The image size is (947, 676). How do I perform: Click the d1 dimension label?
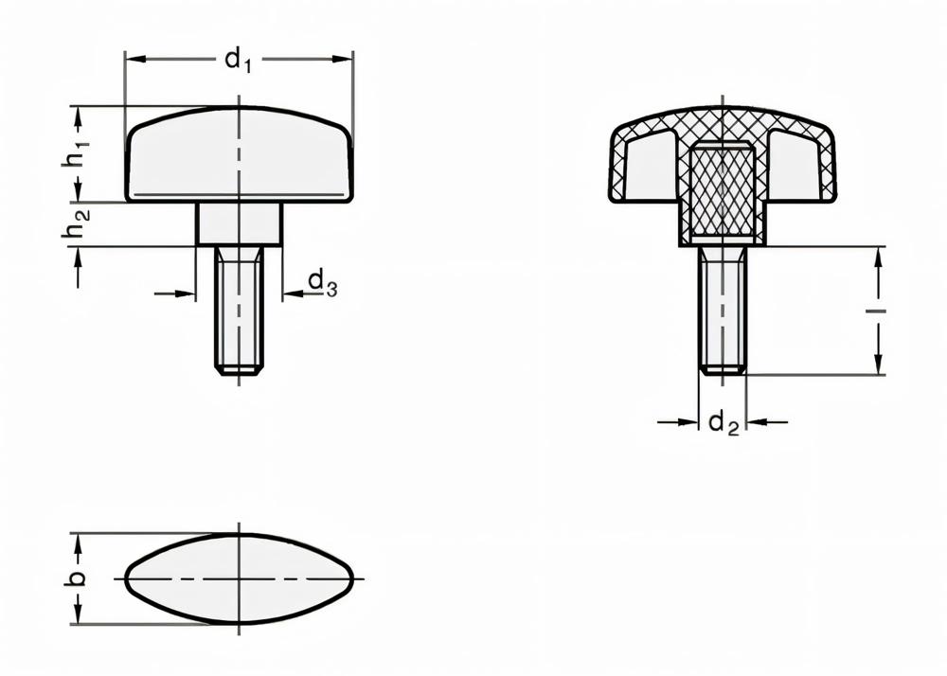pyautogui.click(x=239, y=62)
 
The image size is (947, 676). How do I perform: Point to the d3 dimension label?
pyautogui.click(x=322, y=281)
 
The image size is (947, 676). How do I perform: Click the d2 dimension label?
pyautogui.click(x=723, y=423)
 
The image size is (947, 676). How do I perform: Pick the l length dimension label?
pyautogui.click(x=879, y=310)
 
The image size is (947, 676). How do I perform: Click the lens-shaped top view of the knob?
pyautogui.click(x=239, y=578)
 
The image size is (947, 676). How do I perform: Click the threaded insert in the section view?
pyautogui.click(x=722, y=192)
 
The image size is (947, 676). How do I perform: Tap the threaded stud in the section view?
pyautogui.click(x=722, y=308)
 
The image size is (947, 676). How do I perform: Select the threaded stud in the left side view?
pyautogui.click(x=239, y=308)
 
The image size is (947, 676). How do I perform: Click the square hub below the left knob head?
pyautogui.click(x=239, y=223)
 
